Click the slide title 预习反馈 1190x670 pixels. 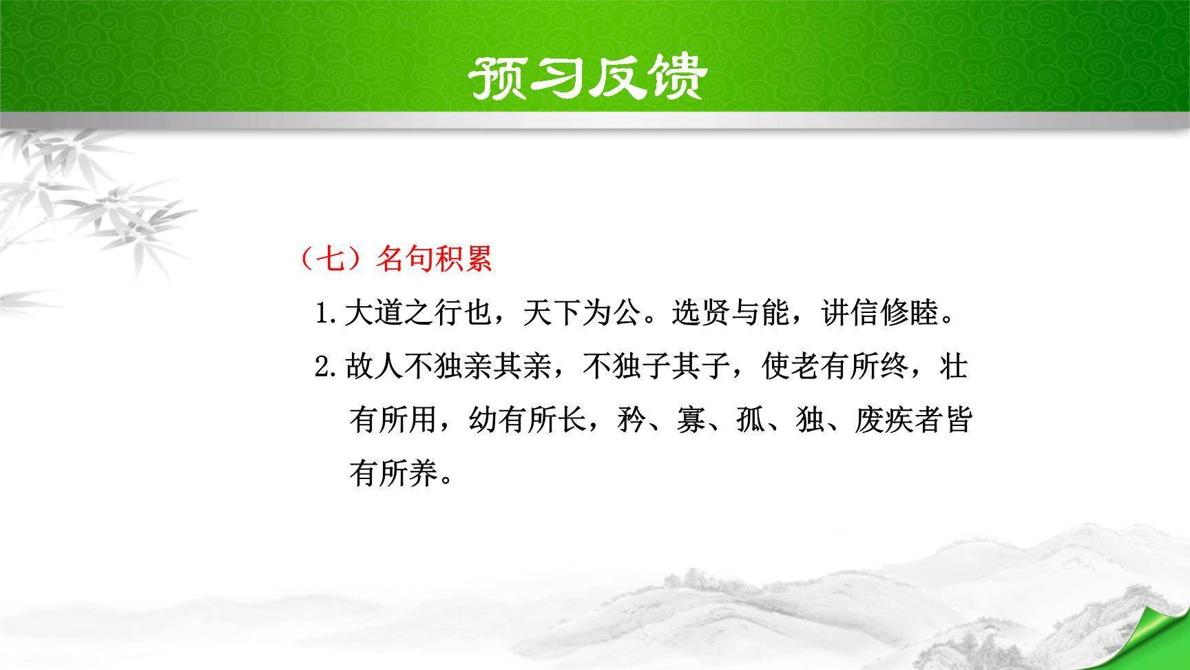[x=587, y=77]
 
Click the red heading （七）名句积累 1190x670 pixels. [x=396, y=259]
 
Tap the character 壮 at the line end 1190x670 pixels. [x=954, y=367]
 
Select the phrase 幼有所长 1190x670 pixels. [x=528, y=420]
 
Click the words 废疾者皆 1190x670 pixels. [x=912, y=420]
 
